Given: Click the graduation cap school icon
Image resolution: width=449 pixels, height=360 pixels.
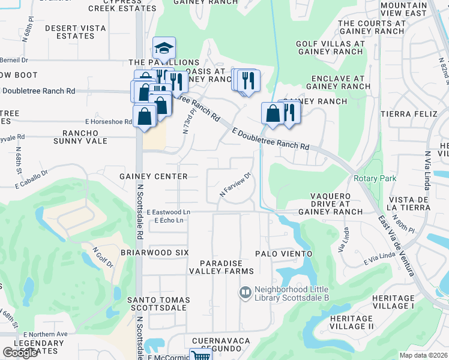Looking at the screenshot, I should click(x=164, y=48).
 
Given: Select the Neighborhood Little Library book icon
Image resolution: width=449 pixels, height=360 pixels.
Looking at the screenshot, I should click(x=244, y=293).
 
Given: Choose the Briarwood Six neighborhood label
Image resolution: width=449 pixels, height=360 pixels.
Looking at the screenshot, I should click(x=154, y=253).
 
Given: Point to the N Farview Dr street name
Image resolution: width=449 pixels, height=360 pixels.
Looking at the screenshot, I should click(x=234, y=185).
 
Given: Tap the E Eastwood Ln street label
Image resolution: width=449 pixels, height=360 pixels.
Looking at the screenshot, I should click(x=169, y=212).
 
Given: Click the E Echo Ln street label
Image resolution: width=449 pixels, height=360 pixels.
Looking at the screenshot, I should click(x=169, y=221).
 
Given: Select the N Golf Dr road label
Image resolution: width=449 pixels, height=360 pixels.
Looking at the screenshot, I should click(x=103, y=257).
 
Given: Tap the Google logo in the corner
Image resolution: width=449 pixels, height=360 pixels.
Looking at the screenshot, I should click(x=20, y=353).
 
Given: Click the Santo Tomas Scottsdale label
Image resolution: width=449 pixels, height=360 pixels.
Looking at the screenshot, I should click(x=158, y=304).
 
